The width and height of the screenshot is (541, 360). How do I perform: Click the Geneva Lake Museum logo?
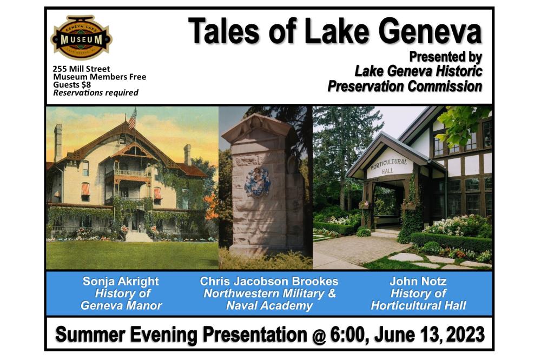(x=82, y=37)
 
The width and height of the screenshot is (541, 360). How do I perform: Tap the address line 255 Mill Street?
(x=82, y=69)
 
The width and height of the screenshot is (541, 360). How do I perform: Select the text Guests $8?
(x=72, y=84)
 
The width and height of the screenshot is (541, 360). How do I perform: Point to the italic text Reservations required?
(x=96, y=92)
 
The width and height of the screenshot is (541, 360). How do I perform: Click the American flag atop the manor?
(x=133, y=118)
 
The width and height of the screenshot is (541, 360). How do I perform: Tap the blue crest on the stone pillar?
(x=258, y=182)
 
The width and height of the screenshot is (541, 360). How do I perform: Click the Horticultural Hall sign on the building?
(x=389, y=166)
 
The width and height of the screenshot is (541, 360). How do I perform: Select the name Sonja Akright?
(x=121, y=281)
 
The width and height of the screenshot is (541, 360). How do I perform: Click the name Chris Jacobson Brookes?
(x=269, y=281)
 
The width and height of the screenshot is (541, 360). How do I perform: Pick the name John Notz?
(x=418, y=281)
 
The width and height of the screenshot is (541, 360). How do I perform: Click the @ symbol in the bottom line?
(x=320, y=335)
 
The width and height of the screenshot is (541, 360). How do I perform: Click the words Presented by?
(x=445, y=57)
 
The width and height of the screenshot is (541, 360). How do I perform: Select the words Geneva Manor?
(x=121, y=305)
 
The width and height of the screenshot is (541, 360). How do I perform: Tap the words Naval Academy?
(x=269, y=305)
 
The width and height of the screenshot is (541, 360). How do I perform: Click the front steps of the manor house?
(x=137, y=236)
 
